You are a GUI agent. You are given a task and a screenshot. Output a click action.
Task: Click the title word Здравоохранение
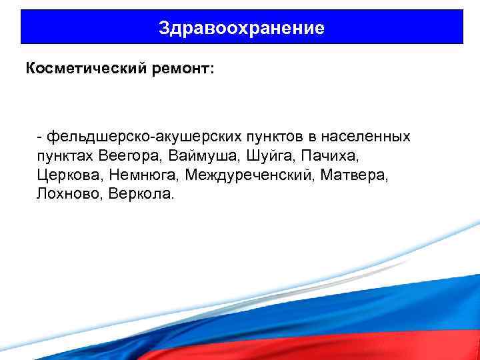pyautogui.click(x=242, y=28)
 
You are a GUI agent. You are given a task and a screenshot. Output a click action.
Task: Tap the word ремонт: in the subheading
pyautogui.click(x=175, y=69)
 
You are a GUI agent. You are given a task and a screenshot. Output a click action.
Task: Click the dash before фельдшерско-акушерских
pyautogui.click(x=41, y=137)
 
